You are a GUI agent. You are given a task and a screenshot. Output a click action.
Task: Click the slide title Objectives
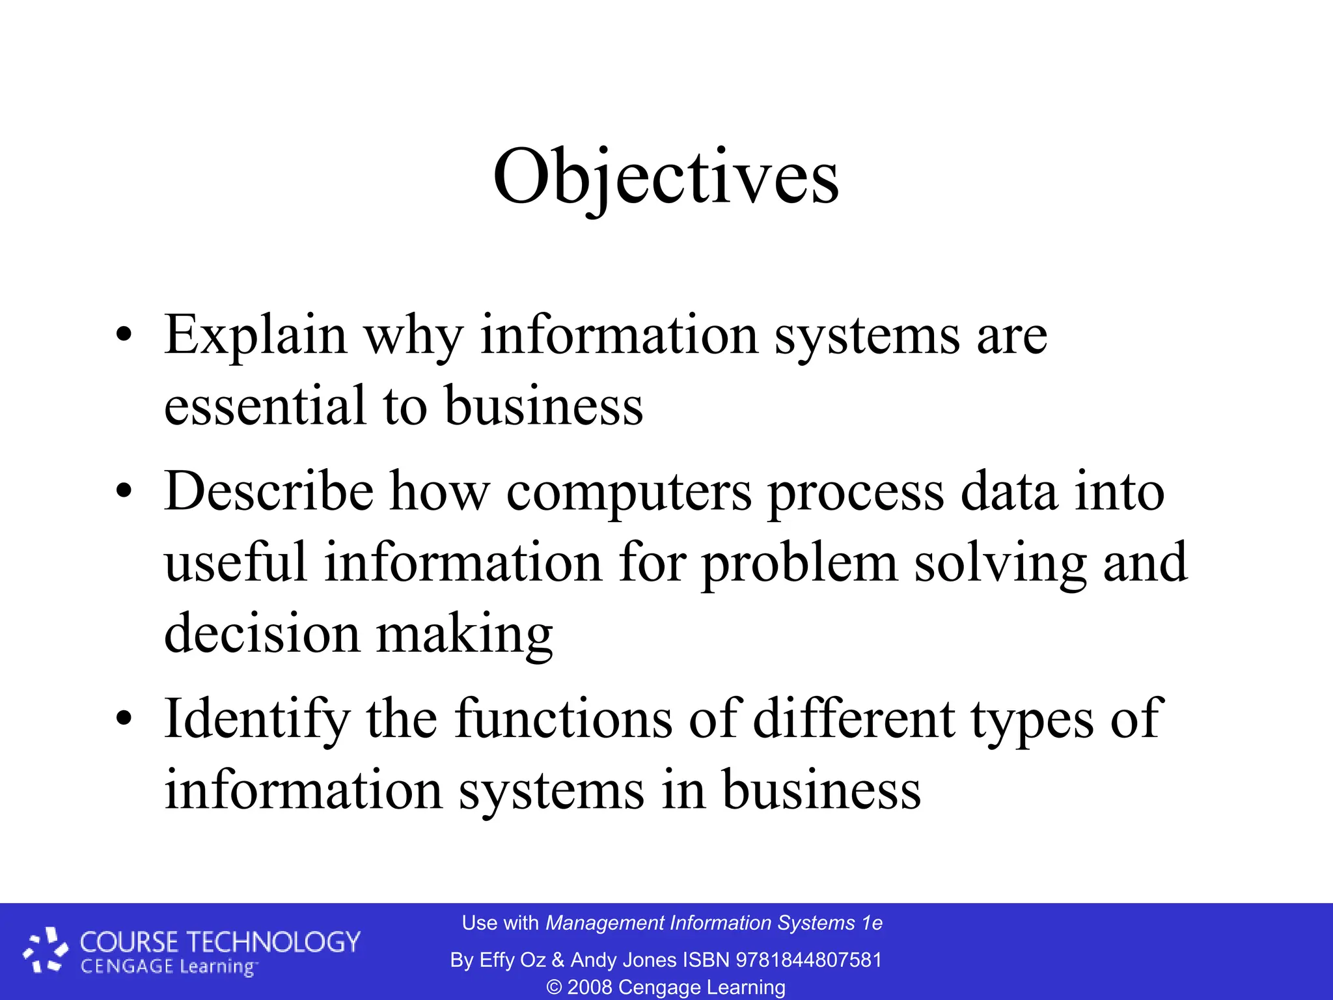click(x=666, y=177)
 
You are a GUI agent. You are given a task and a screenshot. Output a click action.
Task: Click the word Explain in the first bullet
click(x=255, y=336)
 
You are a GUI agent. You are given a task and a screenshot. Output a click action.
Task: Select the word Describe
click(x=269, y=492)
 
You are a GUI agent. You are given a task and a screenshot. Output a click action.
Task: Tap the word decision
click(x=262, y=634)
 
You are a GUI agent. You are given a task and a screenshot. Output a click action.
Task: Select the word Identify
click(x=256, y=720)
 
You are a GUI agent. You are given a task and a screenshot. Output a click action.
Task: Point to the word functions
click(x=564, y=719)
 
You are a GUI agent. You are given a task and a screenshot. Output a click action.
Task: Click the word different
click(x=854, y=719)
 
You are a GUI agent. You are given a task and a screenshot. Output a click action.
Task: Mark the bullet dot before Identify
click(x=124, y=720)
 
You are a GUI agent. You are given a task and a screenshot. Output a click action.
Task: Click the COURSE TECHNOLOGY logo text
click(x=219, y=942)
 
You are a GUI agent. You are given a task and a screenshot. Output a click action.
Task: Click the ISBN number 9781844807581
click(x=808, y=960)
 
